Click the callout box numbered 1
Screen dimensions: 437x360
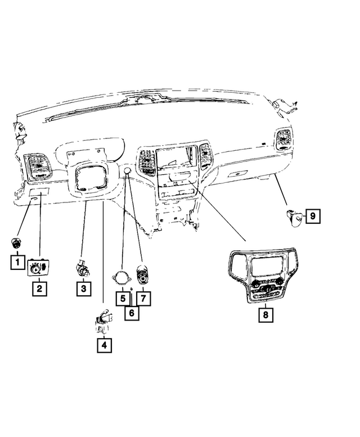(x=17, y=262)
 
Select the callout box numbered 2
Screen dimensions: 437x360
(x=39, y=289)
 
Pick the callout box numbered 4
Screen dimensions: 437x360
(x=103, y=344)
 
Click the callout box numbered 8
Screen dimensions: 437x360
(x=265, y=315)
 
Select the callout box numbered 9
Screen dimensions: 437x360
(x=313, y=215)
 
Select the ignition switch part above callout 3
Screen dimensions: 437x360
(x=84, y=268)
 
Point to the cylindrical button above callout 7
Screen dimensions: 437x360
(x=143, y=276)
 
